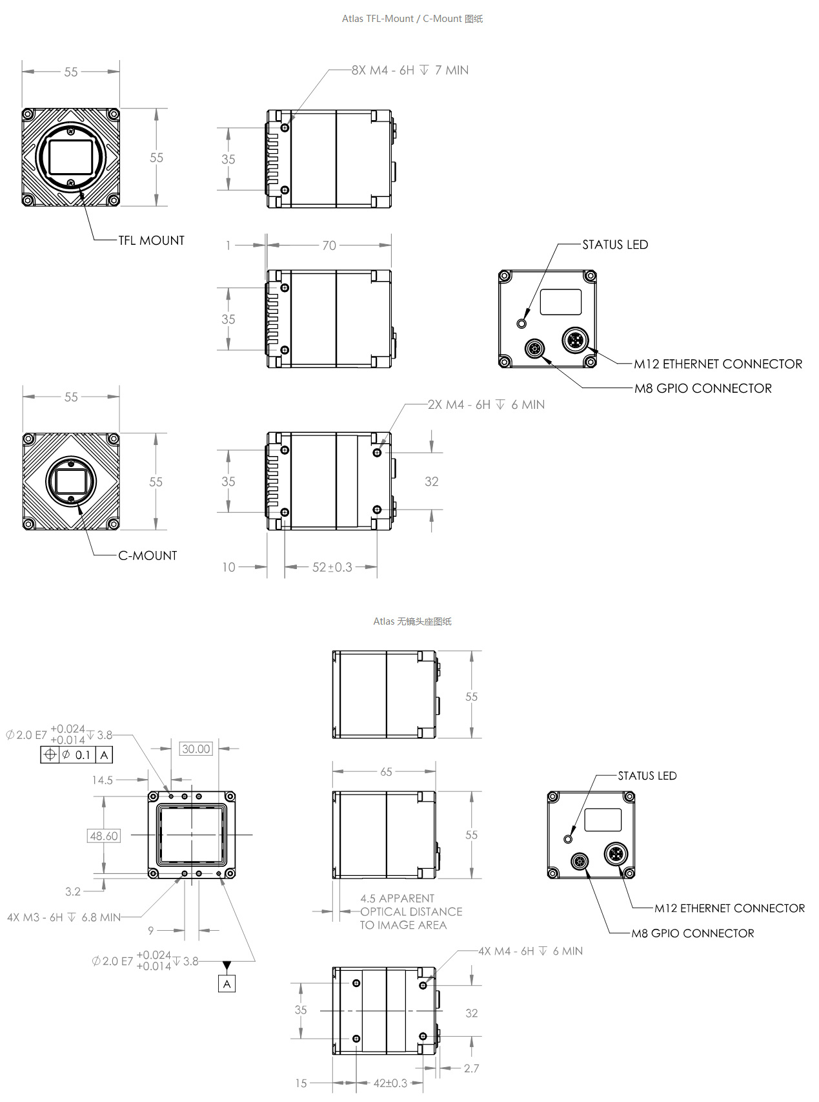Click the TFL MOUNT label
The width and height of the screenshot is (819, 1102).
click(151, 241)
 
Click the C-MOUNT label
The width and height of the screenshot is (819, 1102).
click(147, 556)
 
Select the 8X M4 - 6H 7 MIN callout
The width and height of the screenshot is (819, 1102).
click(410, 70)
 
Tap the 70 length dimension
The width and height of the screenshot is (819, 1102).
click(329, 245)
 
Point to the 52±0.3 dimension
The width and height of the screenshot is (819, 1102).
click(332, 567)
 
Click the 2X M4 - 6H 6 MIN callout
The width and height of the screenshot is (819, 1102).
click(486, 405)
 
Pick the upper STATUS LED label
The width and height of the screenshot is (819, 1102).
click(614, 245)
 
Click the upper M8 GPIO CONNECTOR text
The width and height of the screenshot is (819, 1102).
click(703, 388)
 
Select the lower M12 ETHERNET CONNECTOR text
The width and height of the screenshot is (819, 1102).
click(729, 908)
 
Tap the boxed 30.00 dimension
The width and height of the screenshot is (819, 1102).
click(196, 749)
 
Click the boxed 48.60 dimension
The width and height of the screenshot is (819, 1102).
click(104, 836)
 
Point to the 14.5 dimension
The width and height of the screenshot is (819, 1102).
click(103, 780)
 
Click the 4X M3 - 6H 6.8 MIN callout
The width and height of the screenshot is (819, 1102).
click(64, 917)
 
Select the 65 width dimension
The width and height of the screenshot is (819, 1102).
click(386, 772)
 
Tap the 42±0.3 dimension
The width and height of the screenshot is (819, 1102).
click(390, 1083)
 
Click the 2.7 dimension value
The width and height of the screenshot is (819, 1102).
click(471, 1068)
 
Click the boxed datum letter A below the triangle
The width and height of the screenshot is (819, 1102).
click(227, 984)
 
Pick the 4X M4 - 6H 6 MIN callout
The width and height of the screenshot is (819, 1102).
click(530, 951)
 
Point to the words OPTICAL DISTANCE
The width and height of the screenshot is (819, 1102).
click(411, 912)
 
